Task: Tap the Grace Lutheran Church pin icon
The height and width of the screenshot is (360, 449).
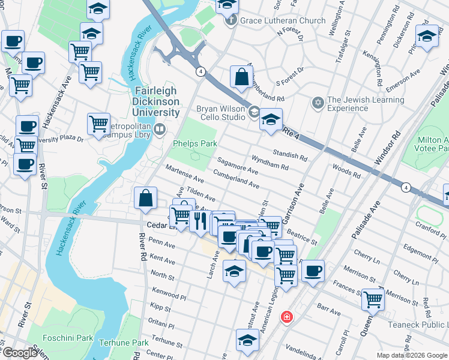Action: [x=231, y=21]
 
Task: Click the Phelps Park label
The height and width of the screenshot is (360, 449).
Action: [x=194, y=144]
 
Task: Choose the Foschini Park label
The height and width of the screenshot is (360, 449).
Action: [x=61, y=338]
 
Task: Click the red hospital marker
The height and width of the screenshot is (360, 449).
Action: [x=288, y=317]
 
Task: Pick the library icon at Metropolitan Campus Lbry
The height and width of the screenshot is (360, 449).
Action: [x=160, y=129]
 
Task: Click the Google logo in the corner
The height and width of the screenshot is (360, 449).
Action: [x=19, y=353]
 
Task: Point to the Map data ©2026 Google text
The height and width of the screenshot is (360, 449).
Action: [x=412, y=355]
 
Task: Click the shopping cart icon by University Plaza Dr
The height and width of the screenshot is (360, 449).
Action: [x=98, y=124]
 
